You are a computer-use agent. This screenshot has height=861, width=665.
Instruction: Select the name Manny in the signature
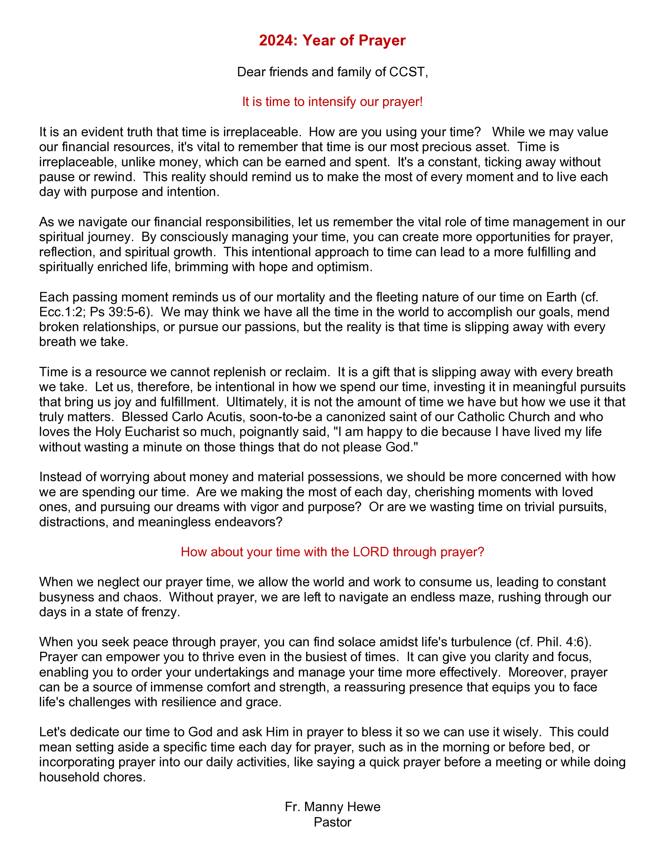[323, 807]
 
